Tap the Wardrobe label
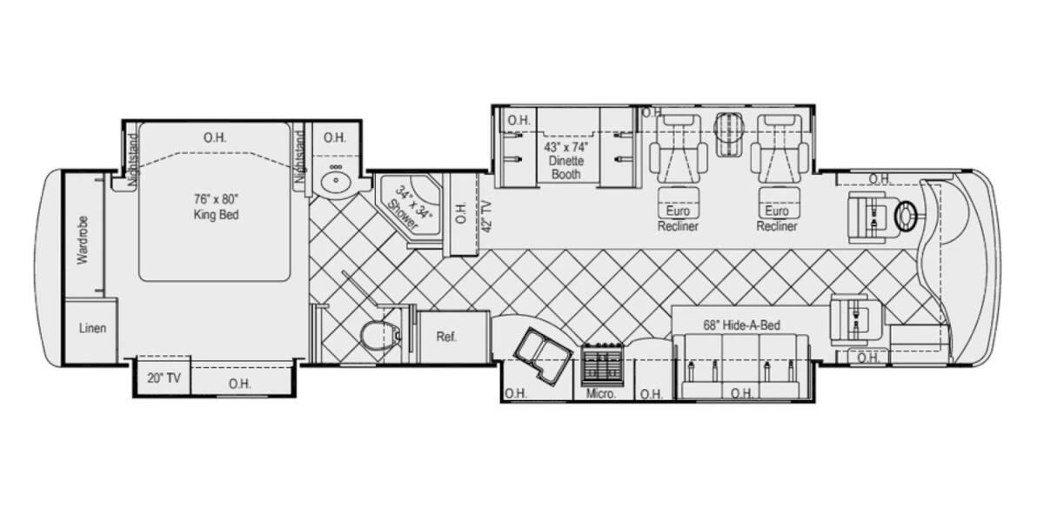(83, 240)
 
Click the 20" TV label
(164, 378)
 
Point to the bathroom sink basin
(335, 180)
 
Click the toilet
(380, 335)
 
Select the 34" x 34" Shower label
(409, 208)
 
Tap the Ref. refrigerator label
(446, 337)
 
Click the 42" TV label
(486, 216)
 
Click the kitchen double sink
(543, 357)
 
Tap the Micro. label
(601, 394)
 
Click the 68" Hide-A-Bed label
(741, 325)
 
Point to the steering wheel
(906, 216)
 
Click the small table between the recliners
(729, 134)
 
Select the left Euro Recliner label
(678, 218)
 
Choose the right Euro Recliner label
(776, 218)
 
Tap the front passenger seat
(857, 322)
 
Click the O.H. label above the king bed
(215, 138)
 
